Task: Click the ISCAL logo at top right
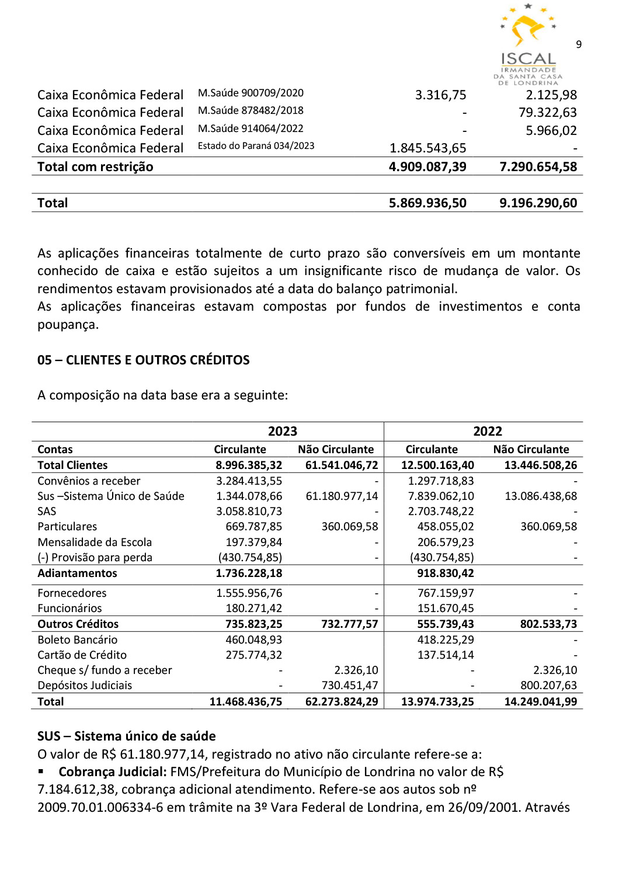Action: [x=528, y=44]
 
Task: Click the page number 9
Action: [x=578, y=44]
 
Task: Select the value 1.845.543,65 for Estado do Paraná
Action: [x=427, y=148]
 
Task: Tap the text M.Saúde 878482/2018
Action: [x=251, y=110]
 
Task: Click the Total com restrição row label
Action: [x=95, y=167]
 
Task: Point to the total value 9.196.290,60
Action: [x=538, y=203]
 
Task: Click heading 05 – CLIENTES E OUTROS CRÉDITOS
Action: [x=143, y=360]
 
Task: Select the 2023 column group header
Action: [x=283, y=431]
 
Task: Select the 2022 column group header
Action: [x=487, y=431]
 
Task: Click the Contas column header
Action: [x=55, y=449]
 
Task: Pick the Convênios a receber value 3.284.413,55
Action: [x=249, y=481]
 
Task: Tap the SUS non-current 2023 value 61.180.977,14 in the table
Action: [x=342, y=496]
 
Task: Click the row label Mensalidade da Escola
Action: [x=95, y=542]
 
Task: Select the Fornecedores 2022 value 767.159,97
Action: [x=445, y=593]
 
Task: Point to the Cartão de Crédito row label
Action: [x=82, y=655]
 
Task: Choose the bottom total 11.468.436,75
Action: [x=245, y=701]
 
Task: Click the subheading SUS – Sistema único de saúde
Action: [x=126, y=736]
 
